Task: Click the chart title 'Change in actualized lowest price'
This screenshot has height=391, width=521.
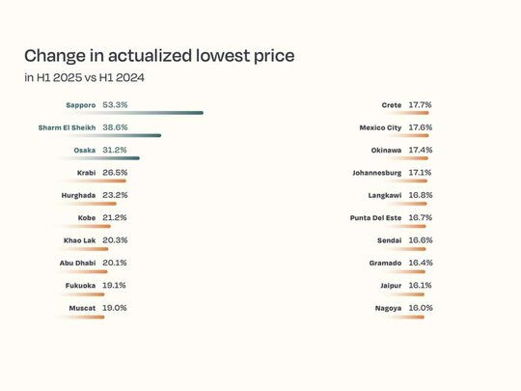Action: pyautogui.click(x=159, y=56)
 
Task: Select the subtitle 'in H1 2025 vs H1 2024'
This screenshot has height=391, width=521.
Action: pyautogui.click(x=84, y=78)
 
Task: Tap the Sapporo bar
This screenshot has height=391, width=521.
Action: pyautogui.click(x=131, y=113)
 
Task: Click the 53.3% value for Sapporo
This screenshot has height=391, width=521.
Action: pyautogui.click(x=115, y=105)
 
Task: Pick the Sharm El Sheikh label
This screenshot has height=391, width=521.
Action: pyautogui.click(x=67, y=127)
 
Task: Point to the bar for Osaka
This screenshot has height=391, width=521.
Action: pyautogui.click(x=99, y=158)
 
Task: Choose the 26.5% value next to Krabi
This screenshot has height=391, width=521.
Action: pyautogui.click(x=115, y=173)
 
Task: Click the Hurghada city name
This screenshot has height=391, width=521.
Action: pyautogui.click(x=78, y=195)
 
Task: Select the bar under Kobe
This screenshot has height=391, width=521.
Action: pyautogui.click(x=85, y=227)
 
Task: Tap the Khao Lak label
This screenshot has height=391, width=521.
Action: pyautogui.click(x=79, y=240)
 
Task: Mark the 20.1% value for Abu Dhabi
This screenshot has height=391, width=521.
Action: pyautogui.click(x=115, y=263)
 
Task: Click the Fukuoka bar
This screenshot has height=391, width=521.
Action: pyautogui.click(x=82, y=294)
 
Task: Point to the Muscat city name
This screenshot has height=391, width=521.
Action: pyautogui.click(x=82, y=308)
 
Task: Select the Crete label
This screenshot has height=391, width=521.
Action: pyautogui.click(x=392, y=105)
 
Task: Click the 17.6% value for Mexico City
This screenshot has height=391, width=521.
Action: pyautogui.click(x=421, y=127)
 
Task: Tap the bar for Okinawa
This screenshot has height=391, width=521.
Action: pyautogui.click(x=407, y=158)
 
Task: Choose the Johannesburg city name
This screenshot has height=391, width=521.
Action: pyautogui.click(x=377, y=173)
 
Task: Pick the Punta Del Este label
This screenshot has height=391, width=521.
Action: pyautogui.click(x=375, y=218)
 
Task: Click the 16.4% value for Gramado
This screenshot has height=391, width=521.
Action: pyautogui.click(x=421, y=263)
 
